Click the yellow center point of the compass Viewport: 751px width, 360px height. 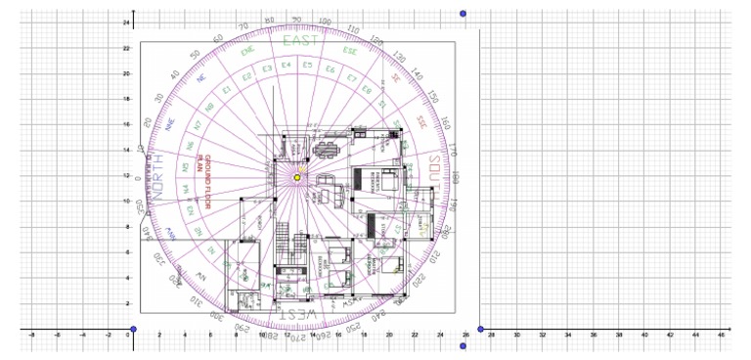click(x=298, y=176)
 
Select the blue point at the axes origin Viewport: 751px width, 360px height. click(x=134, y=330)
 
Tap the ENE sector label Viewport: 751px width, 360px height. click(x=247, y=51)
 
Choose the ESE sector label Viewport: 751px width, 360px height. click(x=349, y=50)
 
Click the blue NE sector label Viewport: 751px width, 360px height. click(x=201, y=78)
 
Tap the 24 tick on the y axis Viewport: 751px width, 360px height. click(x=126, y=22)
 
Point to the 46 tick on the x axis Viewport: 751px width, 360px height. click(x=720, y=336)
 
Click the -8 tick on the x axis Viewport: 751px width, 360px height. click(x=32, y=336)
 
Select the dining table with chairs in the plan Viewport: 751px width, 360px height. click(x=326, y=148)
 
